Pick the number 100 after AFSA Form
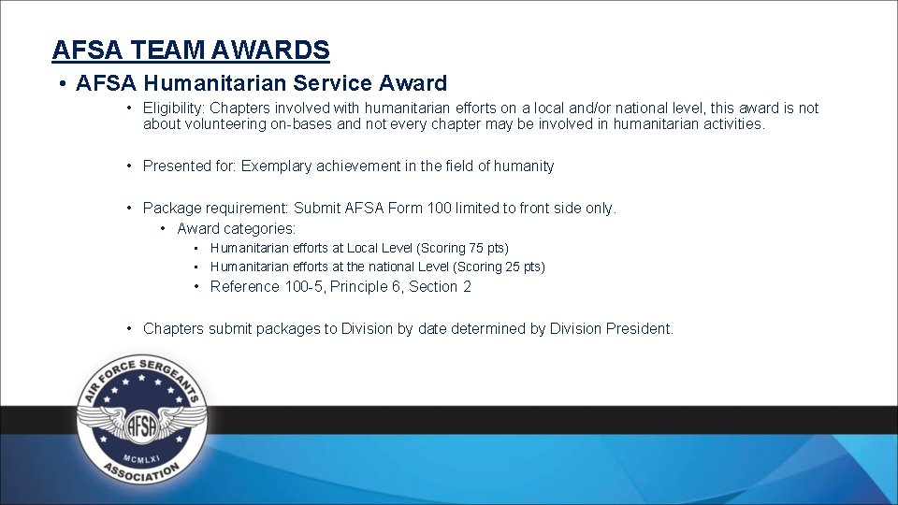(x=439, y=209)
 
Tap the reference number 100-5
(x=304, y=287)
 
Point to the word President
(x=638, y=329)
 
